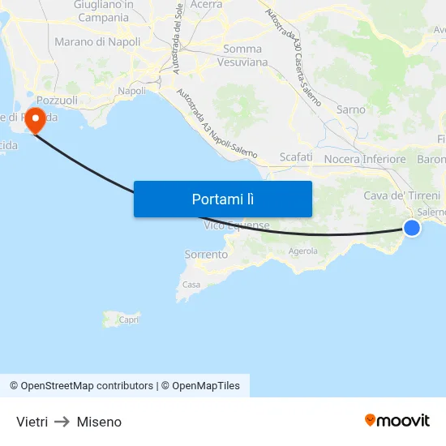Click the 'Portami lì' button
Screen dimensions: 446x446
pos(222,199)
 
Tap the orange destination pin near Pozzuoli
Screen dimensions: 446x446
pos(36,122)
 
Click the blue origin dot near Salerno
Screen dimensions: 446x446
pos(412,228)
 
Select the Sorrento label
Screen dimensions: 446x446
pos(206,255)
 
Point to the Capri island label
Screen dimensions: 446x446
pos(128,319)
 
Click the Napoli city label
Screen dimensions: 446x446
pos(132,91)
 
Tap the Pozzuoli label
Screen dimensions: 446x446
pos(57,100)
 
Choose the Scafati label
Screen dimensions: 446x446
pos(295,157)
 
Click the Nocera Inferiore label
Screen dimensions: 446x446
pos(364,159)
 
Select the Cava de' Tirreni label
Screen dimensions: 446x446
pos(401,195)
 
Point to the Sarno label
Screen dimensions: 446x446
pos(350,109)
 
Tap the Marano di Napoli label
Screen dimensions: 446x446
pos(97,41)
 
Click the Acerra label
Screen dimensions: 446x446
pos(206,5)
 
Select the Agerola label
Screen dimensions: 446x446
pos(303,251)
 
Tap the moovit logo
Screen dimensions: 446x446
pos(397,421)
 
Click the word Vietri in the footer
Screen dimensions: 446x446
pos(32,422)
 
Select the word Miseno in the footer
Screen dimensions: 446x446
pos(99,422)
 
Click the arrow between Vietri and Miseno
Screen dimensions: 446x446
pos(62,422)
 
